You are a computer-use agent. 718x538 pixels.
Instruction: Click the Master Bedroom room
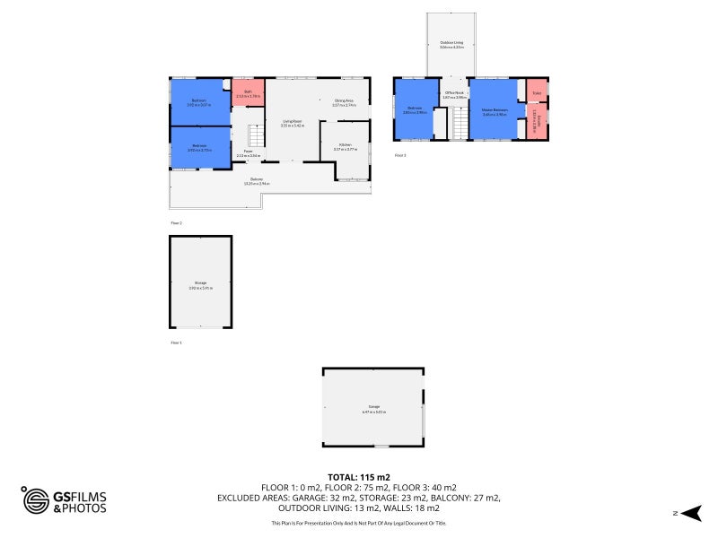494,111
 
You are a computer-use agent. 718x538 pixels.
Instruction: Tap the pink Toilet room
537,91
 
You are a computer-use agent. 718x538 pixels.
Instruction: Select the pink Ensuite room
537,121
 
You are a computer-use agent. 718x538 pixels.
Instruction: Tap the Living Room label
293,123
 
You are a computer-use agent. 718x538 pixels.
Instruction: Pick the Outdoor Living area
451,44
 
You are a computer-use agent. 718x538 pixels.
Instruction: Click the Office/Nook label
454,94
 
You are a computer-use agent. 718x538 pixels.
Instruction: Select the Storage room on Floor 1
200,283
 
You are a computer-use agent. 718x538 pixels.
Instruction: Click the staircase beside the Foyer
257,137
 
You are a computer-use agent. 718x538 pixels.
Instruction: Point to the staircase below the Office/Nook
458,123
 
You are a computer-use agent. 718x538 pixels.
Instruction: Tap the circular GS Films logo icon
36,500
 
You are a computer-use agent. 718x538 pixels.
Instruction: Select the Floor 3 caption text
400,155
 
